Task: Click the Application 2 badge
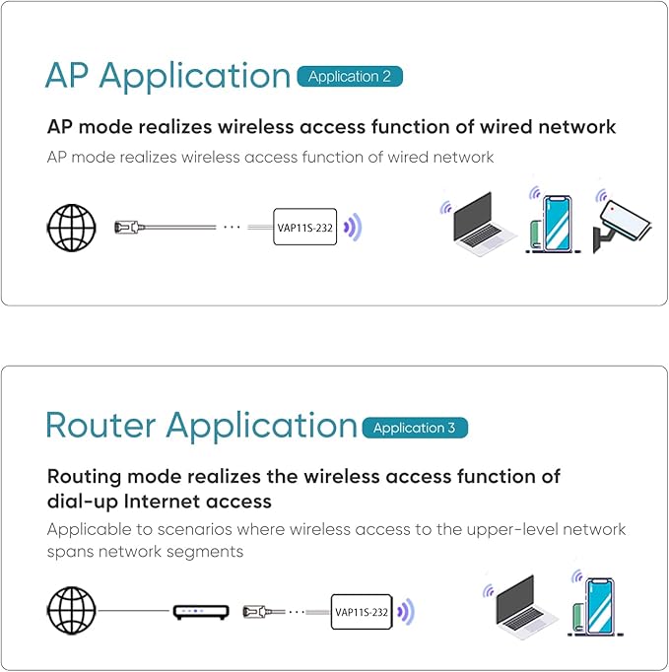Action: pos(350,77)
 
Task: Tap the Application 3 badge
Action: pos(415,428)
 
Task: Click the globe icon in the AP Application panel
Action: pos(71,227)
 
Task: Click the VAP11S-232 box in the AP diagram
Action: pos(304,227)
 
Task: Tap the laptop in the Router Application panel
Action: pos(525,608)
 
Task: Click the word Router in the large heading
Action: pos(101,426)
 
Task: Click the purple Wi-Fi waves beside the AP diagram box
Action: pos(353,227)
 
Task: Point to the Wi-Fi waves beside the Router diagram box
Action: pos(405,612)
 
